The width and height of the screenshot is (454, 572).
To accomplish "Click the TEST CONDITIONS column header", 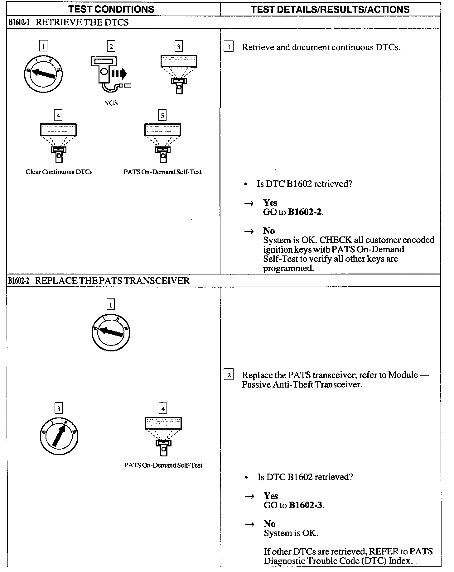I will tap(111, 9).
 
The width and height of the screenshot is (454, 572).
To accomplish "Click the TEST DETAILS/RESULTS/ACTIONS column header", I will tap(330, 9).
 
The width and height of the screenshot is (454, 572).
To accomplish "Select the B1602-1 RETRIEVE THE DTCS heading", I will tap(68, 22).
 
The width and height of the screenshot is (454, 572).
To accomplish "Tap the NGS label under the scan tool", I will tap(111, 103).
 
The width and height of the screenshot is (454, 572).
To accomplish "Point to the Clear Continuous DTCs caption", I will tap(59, 172).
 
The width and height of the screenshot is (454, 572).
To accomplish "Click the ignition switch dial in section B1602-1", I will tap(43, 74).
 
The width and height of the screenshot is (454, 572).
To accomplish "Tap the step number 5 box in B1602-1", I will tap(162, 116).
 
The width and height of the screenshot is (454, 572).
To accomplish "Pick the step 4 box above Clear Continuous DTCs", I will tap(58, 116).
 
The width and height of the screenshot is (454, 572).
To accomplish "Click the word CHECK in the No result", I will tap(336, 240).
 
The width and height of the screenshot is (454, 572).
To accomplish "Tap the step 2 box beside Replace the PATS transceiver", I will tap(229, 375).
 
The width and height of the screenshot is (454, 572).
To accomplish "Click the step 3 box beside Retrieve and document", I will tap(229, 47).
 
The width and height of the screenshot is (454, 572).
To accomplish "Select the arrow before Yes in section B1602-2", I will tap(249, 496).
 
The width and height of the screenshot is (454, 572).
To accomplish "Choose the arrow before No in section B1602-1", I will tap(249, 231).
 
